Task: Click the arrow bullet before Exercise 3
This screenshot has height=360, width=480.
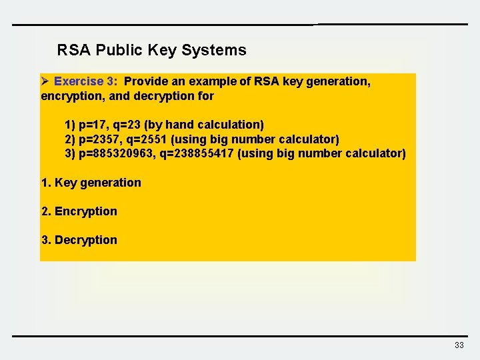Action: pos(45,81)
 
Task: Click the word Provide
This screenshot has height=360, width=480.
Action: pos(147,81)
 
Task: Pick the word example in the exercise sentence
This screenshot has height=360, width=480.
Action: pos(212,81)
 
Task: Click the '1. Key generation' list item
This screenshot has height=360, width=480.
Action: pos(91,183)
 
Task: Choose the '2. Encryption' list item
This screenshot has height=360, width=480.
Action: pos(79,211)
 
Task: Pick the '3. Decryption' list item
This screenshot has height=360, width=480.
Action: pos(79,240)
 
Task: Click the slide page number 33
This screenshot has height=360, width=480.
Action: pos(459,345)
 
